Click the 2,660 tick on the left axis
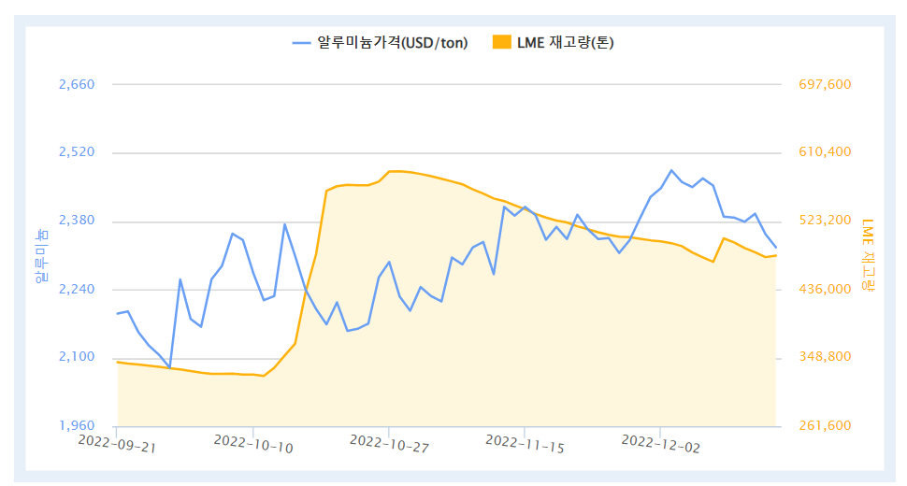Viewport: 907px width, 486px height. [77, 85]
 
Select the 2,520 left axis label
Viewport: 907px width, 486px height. [77, 153]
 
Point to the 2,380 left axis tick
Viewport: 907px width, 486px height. [77, 222]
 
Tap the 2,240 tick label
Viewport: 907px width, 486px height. [77, 290]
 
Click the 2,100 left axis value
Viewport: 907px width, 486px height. [77, 358]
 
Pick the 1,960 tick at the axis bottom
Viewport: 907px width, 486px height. [77, 426]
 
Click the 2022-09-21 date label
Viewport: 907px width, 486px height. [116, 442]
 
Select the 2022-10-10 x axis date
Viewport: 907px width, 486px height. [252, 442]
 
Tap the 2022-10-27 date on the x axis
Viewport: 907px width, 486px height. [388, 442]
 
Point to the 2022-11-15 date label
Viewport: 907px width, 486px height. [524, 442]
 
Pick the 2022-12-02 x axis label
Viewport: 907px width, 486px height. [659, 442]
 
